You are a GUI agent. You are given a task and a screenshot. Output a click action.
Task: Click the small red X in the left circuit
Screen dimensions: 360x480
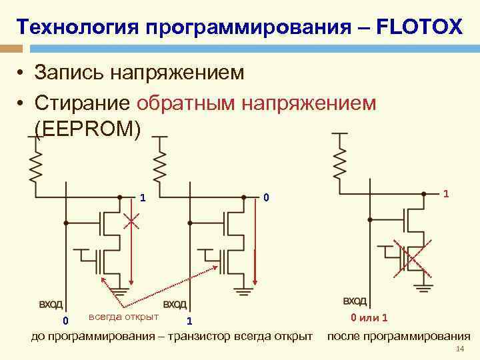131,221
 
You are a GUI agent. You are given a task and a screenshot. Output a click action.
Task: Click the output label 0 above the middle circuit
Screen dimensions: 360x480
265,197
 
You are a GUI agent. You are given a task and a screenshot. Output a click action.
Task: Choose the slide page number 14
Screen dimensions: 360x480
458,351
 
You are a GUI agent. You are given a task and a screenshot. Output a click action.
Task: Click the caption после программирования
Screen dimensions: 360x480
398,336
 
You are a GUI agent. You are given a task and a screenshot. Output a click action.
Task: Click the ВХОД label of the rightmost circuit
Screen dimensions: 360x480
355,301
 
